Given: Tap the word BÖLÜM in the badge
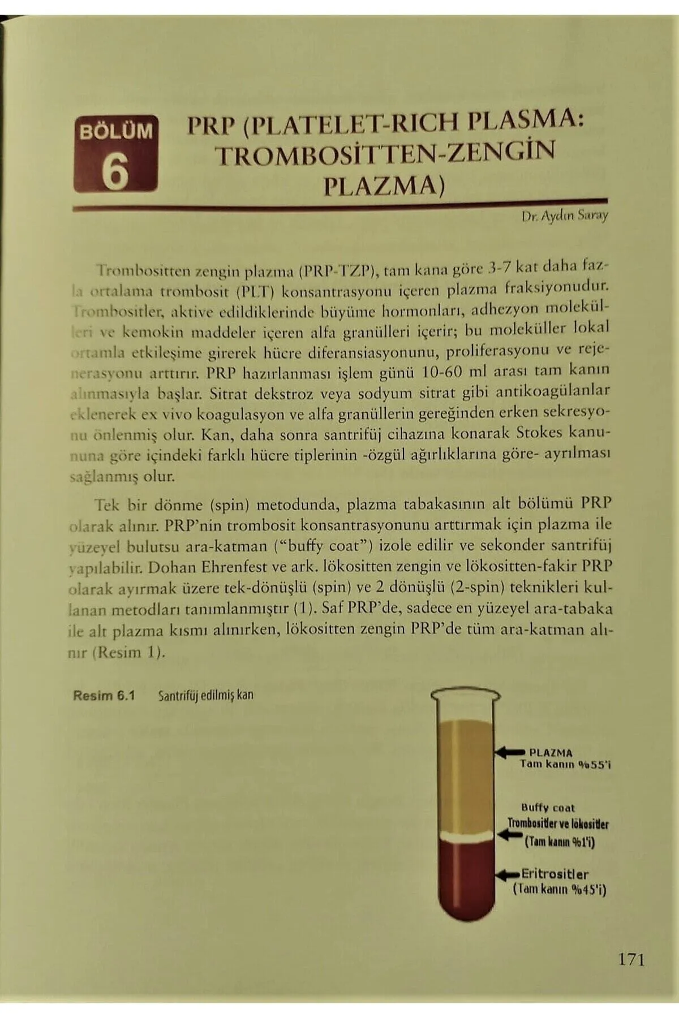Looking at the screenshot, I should (116, 131).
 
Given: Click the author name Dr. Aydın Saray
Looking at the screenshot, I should (565, 215).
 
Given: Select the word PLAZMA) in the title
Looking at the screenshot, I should (384, 186).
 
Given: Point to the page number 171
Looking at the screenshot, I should (631, 959).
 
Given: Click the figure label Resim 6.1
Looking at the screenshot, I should (104, 695).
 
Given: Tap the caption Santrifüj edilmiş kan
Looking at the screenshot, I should (205, 695).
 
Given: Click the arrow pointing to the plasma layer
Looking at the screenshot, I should (510, 752).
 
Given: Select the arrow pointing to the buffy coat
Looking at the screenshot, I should (510, 834).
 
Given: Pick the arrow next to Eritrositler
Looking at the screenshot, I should (509, 875).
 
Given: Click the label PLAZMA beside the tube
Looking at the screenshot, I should (551, 753).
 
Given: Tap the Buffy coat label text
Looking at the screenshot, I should (547, 808).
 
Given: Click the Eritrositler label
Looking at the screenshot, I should (555, 874).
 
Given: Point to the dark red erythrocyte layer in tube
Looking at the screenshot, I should (467, 882).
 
